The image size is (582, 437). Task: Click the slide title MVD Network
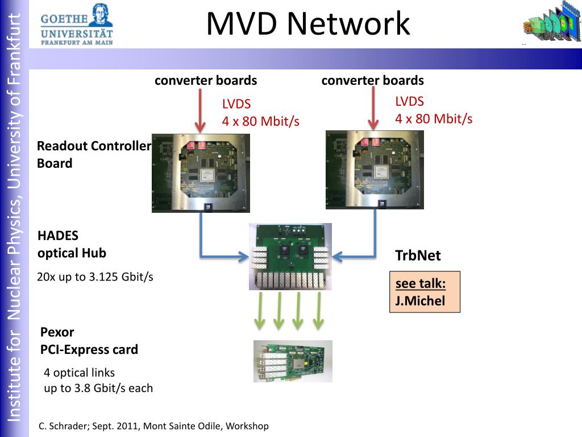pyautogui.click(x=308, y=24)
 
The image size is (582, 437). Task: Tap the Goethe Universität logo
pyautogui.click(x=77, y=24)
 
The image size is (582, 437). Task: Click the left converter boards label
pyautogui.click(x=206, y=80)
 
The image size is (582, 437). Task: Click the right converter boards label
pyautogui.click(x=373, y=80)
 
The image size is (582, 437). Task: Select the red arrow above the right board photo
pyautogui.click(x=373, y=109)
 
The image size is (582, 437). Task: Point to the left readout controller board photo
pyautogui.click(x=201, y=173)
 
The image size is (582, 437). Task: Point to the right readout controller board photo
pyautogui.click(x=375, y=170)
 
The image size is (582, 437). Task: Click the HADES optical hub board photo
pyautogui.click(x=290, y=257)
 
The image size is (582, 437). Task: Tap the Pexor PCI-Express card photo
pyautogui.click(x=293, y=361)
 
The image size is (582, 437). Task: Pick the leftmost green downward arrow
pyautogui.click(x=260, y=311)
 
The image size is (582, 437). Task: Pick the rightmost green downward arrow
pyautogui.click(x=318, y=311)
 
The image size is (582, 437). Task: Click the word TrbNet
pyautogui.click(x=418, y=255)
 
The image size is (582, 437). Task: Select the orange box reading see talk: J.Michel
pyautogui.click(x=425, y=292)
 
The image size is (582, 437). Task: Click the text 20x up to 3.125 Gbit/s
pyautogui.click(x=95, y=277)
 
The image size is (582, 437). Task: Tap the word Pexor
pyautogui.click(x=57, y=332)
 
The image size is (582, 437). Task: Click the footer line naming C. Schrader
pyautogui.click(x=153, y=426)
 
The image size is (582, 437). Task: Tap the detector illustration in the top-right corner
pyautogui.click(x=552, y=22)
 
